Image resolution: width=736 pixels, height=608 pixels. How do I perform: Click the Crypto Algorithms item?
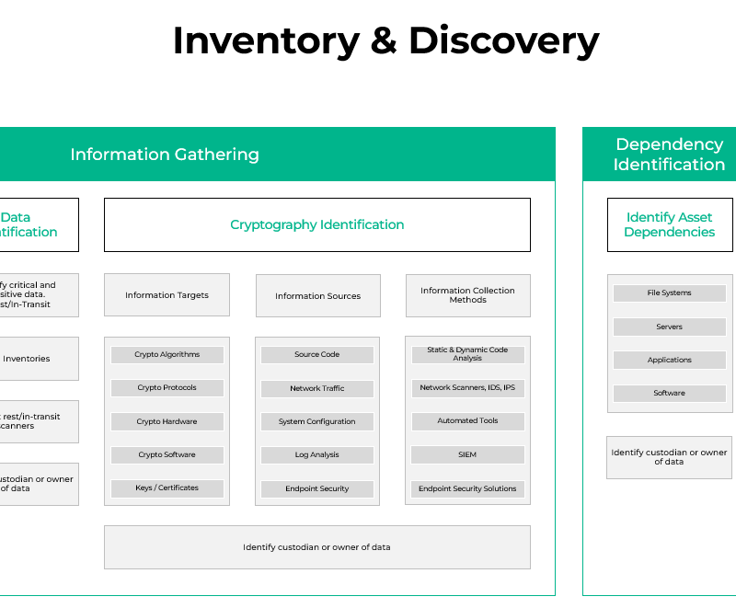(x=167, y=354)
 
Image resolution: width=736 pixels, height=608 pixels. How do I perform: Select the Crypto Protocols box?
(x=167, y=387)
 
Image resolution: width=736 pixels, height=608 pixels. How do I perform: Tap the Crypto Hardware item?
(x=167, y=421)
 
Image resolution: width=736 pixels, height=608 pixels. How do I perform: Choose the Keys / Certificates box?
(x=167, y=488)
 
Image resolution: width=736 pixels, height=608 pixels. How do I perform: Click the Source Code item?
(x=317, y=354)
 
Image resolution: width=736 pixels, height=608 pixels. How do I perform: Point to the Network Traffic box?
(x=317, y=388)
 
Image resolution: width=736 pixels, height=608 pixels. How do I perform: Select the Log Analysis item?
(x=317, y=454)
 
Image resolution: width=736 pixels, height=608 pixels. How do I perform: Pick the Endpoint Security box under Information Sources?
(x=317, y=488)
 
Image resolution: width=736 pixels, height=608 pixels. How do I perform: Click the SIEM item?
(x=467, y=454)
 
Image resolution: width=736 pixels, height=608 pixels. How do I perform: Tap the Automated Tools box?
(x=467, y=420)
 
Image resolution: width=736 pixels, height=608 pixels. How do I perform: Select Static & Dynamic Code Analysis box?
(x=467, y=354)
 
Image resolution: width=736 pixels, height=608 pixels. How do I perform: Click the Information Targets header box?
(x=167, y=295)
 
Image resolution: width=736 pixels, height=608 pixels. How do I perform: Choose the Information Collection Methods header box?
(x=467, y=295)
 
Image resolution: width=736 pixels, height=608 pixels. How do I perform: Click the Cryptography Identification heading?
(x=317, y=224)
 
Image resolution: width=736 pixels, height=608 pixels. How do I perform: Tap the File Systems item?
(x=669, y=293)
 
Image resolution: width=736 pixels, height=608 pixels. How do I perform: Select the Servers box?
(x=669, y=327)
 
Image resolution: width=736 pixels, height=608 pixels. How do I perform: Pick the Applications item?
(x=669, y=360)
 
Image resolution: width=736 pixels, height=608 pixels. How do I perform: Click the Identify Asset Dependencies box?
(x=669, y=224)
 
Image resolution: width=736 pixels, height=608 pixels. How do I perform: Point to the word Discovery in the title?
(x=503, y=40)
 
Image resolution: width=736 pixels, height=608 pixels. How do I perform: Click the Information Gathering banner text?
(x=165, y=155)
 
